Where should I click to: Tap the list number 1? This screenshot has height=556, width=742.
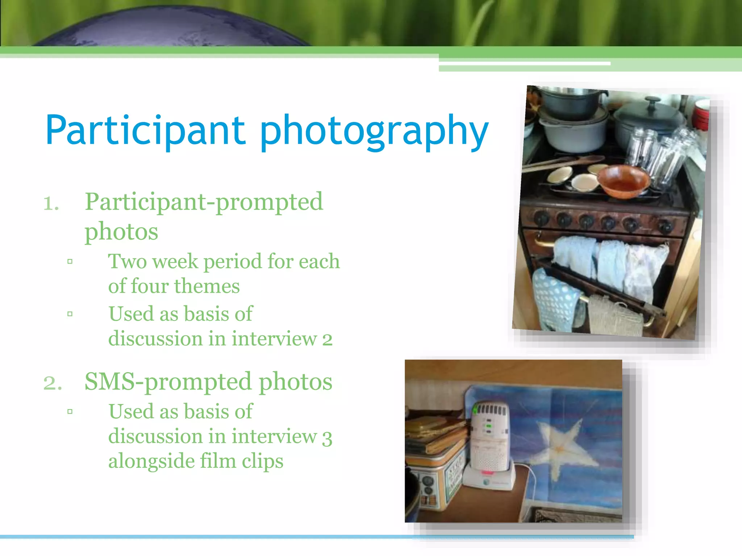coord(51,203)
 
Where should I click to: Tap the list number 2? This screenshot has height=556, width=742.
coord(53,383)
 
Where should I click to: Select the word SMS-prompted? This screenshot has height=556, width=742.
coord(168,382)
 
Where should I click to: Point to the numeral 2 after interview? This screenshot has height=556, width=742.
coord(327,340)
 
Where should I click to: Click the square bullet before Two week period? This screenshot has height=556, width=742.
coord(70,261)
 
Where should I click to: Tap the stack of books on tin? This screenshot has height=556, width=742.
coord(435,434)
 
